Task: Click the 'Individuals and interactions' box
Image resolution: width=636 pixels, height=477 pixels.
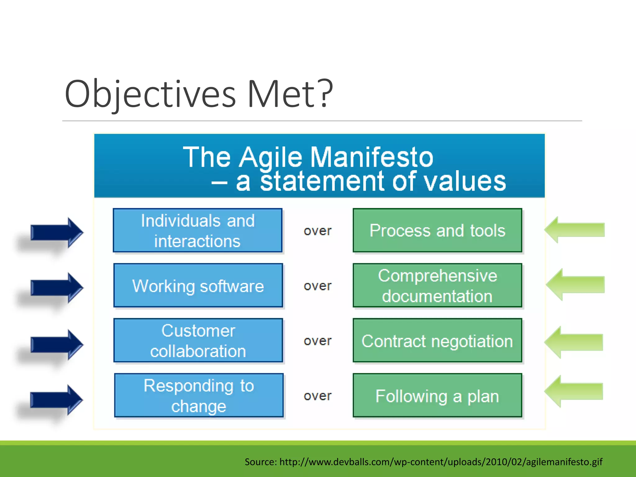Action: point(198,230)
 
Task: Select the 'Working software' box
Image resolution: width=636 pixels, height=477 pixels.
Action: point(198,285)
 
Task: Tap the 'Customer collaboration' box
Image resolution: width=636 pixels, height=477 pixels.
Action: point(198,340)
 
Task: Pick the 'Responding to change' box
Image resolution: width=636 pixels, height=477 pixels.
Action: point(199,395)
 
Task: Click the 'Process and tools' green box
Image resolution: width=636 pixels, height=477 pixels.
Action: point(437,230)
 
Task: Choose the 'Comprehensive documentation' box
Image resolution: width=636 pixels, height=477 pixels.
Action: point(437,285)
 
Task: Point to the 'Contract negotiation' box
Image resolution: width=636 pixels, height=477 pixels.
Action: point(437,340)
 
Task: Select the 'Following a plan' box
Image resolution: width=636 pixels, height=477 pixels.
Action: point(437,395)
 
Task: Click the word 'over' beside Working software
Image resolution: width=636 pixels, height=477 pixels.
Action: point(317,286)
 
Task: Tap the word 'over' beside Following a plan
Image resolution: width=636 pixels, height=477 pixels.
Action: point(317,396)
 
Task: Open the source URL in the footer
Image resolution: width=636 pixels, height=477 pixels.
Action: point(441,462)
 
